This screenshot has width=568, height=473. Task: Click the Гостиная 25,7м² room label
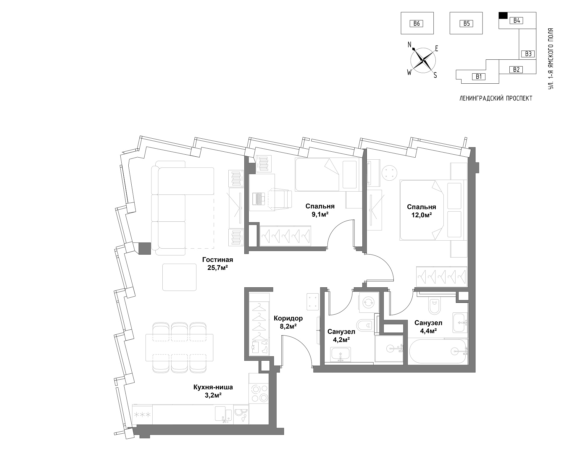click(x=217, y=264)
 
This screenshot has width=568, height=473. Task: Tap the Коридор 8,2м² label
click(x=288, y=322)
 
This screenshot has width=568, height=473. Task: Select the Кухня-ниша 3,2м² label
click(x=213, y=391)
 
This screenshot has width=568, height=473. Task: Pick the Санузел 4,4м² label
click(x=428, y=327)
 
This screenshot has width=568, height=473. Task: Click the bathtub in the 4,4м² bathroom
click(x=438, y=351)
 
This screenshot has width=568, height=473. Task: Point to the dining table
click(x=180, y=347)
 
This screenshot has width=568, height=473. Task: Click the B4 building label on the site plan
click(x=517, y=20)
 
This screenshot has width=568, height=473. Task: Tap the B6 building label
click(x=417, y=23)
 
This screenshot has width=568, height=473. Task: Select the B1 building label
click(x=479, y=77)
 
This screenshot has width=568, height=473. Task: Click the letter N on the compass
click(x=410, y=45)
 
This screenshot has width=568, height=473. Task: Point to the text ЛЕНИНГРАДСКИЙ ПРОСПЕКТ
click(x=496, y=98)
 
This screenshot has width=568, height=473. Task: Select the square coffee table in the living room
click(x=179, y=277)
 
